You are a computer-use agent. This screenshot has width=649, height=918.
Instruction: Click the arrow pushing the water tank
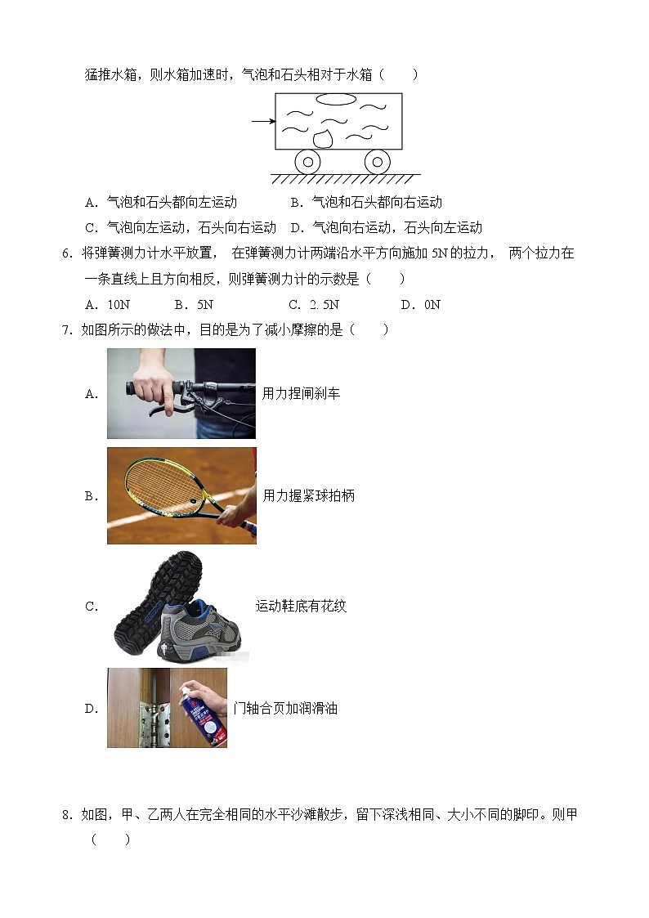coord(262,122)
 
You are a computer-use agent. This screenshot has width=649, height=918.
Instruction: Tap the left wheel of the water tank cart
coord(307,161)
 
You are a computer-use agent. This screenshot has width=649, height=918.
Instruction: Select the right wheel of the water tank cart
coord(377,161)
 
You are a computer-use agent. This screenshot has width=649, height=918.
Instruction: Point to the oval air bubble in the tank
coord(336,100)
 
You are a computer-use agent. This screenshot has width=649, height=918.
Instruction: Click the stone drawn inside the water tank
coord(323,137)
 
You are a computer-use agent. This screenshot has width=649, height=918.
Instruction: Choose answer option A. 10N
coord(107,305)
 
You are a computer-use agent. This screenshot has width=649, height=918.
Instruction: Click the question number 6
coord(66,253)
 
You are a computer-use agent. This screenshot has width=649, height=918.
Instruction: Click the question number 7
coord(66,329)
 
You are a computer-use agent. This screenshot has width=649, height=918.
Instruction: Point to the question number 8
coord(66,815)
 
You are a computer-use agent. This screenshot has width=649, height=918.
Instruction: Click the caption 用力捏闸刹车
coord(301,393)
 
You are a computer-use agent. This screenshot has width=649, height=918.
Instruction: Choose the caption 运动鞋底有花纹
coord(301,606)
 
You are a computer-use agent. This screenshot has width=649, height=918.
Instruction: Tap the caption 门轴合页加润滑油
coord(285,708)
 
